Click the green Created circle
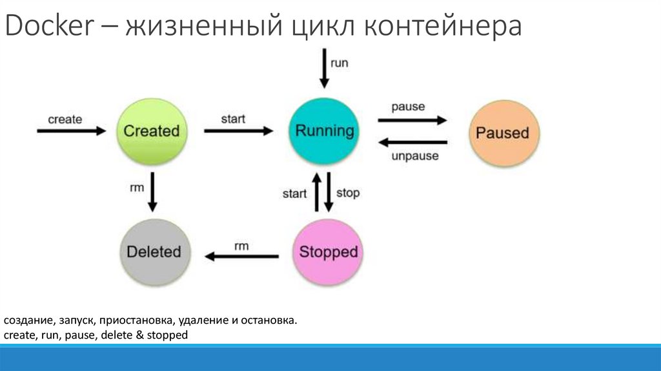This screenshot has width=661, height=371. pos(151,131)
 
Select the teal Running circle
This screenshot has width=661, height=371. pos(325,131)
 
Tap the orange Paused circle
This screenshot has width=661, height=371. pos(502,133)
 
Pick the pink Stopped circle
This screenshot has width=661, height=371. pos(328,251)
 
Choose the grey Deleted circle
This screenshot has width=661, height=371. pos(154,251)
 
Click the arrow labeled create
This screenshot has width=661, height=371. pos(71,131)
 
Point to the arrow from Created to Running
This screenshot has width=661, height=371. pos(239,131)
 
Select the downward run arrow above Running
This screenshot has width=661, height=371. pos(324,70)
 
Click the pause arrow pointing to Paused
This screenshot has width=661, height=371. pos(412,120)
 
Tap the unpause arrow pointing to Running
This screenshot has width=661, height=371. pos(412,142)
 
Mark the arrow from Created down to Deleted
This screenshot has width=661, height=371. pos(153,192)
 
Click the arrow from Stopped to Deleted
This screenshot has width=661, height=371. pos(241,257)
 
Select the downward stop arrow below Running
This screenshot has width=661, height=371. pos(329,192)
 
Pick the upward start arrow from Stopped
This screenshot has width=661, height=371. pos(316,192)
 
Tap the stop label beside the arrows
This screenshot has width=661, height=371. pos(348,193)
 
